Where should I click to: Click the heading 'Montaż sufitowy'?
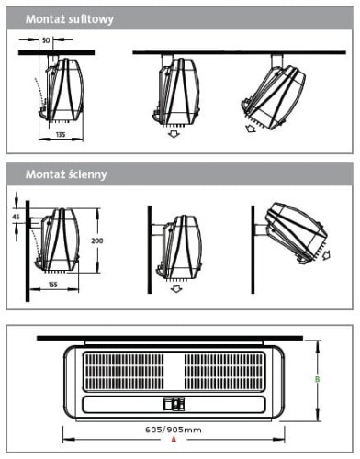[x=70, y=19]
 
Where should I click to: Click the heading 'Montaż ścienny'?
[x=66, y=174]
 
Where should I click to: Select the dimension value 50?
[x=46, y=40]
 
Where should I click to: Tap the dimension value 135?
[x=61, y=134]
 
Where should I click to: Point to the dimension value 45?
[x=16, y=217]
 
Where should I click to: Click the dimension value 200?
[x=97, y=241]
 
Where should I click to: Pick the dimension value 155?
[x=53, y=285]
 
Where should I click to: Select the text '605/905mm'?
[x=174, y=430]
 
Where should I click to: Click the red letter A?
[x=174, y=440]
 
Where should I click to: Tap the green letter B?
[x=318, y=379]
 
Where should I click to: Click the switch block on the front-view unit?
[x=174, y=404]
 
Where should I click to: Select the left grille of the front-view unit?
[x=123, y=373]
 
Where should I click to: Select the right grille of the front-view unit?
[x=224, y=373]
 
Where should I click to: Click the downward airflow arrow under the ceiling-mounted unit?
[x=174, y=133]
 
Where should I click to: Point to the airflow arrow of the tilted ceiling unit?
[x=251, y=129]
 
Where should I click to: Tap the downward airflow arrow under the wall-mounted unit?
[x=175, y=288]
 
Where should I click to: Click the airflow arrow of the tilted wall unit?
[x=326, y=254]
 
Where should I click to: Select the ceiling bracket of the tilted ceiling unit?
[x=276, y=61]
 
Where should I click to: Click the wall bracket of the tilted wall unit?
[x=261, y=230]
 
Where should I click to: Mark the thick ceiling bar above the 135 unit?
[x=56, y=52]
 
